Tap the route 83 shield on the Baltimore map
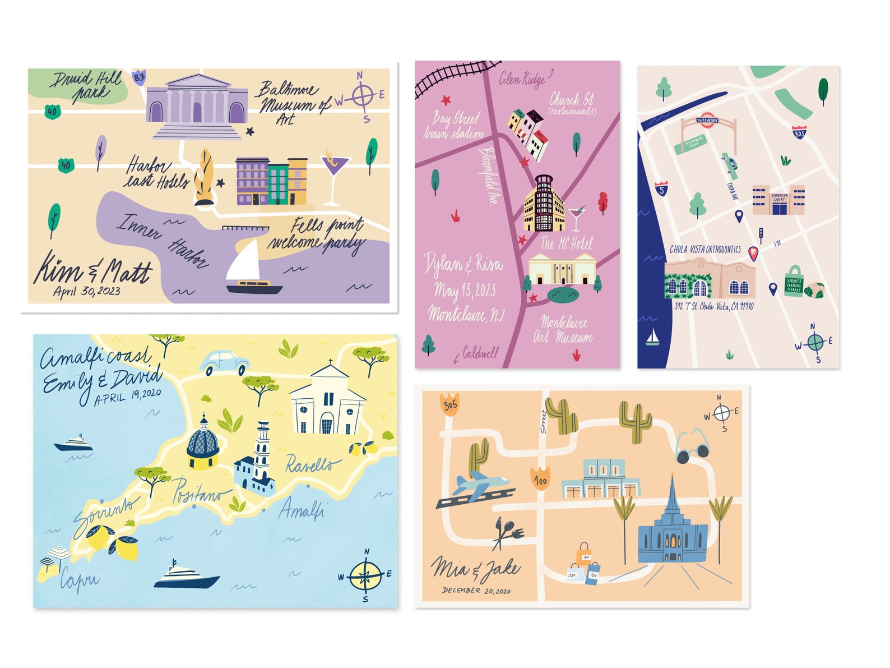[138, 77]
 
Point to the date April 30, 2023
[86, 291]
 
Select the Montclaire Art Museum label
[563, 330]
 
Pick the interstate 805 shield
[799, 132]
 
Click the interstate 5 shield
[661, 188]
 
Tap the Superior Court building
[778, 200]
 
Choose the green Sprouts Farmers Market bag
[794, 282]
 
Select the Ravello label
[312, 464]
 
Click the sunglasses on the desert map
[692, 446]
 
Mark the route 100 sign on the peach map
[541, 478]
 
